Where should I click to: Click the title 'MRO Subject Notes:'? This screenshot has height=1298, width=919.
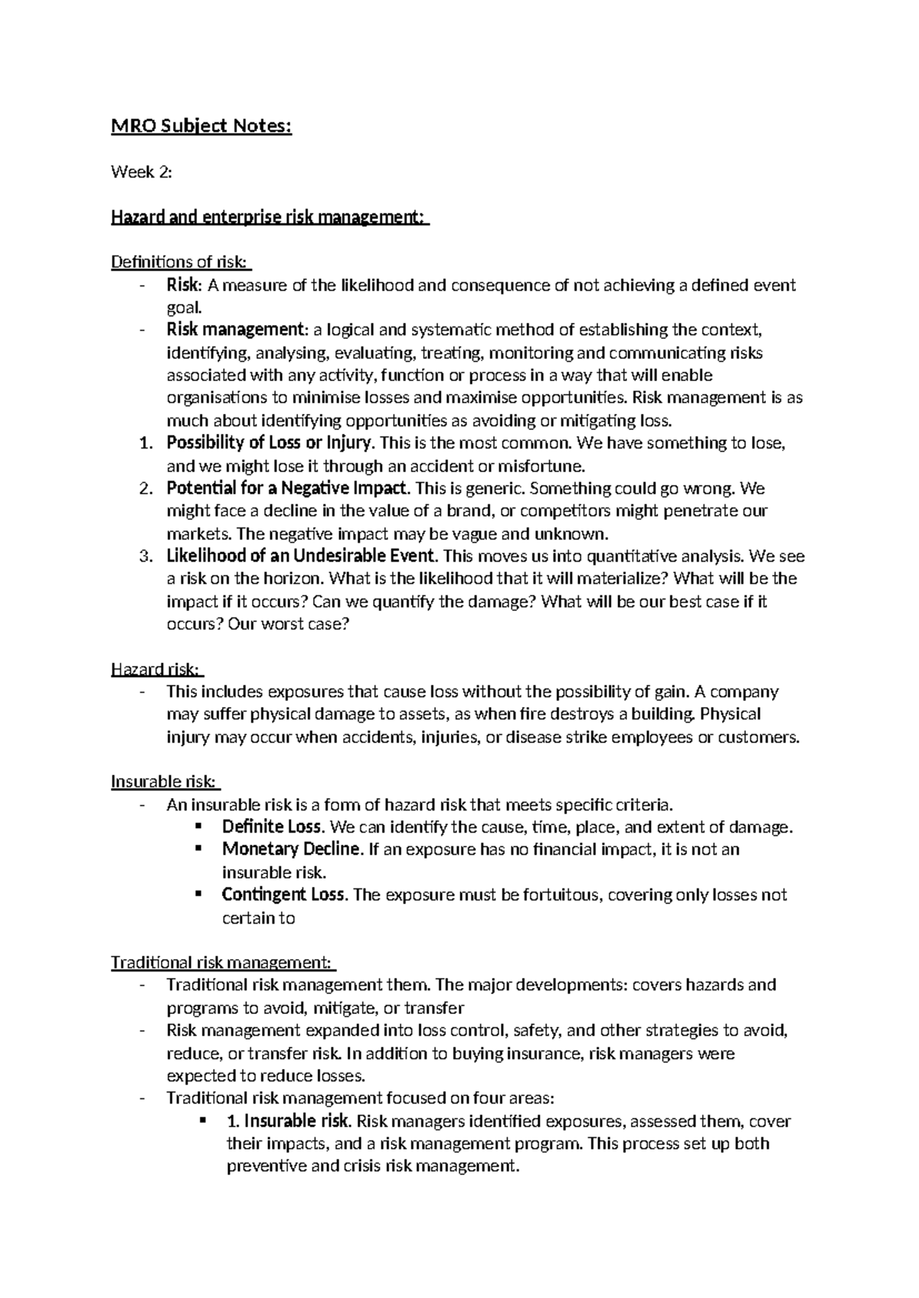click(201, 126)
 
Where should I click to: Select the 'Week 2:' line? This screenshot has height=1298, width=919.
click(142, 172)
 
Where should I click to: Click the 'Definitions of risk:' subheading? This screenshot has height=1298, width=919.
click(181, 263)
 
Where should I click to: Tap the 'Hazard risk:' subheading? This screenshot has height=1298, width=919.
click(156, 670)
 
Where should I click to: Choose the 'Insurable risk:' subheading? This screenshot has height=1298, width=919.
click(165, 782)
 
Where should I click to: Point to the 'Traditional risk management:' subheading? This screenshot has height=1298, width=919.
click(222, 962)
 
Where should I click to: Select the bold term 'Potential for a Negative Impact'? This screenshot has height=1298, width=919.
click(288, 488)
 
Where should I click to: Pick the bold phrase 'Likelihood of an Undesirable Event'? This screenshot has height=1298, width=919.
click(302, 556)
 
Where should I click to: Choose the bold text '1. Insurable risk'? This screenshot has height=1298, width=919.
click(288, 1121)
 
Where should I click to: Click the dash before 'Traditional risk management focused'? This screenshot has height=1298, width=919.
click(142, 1098)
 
